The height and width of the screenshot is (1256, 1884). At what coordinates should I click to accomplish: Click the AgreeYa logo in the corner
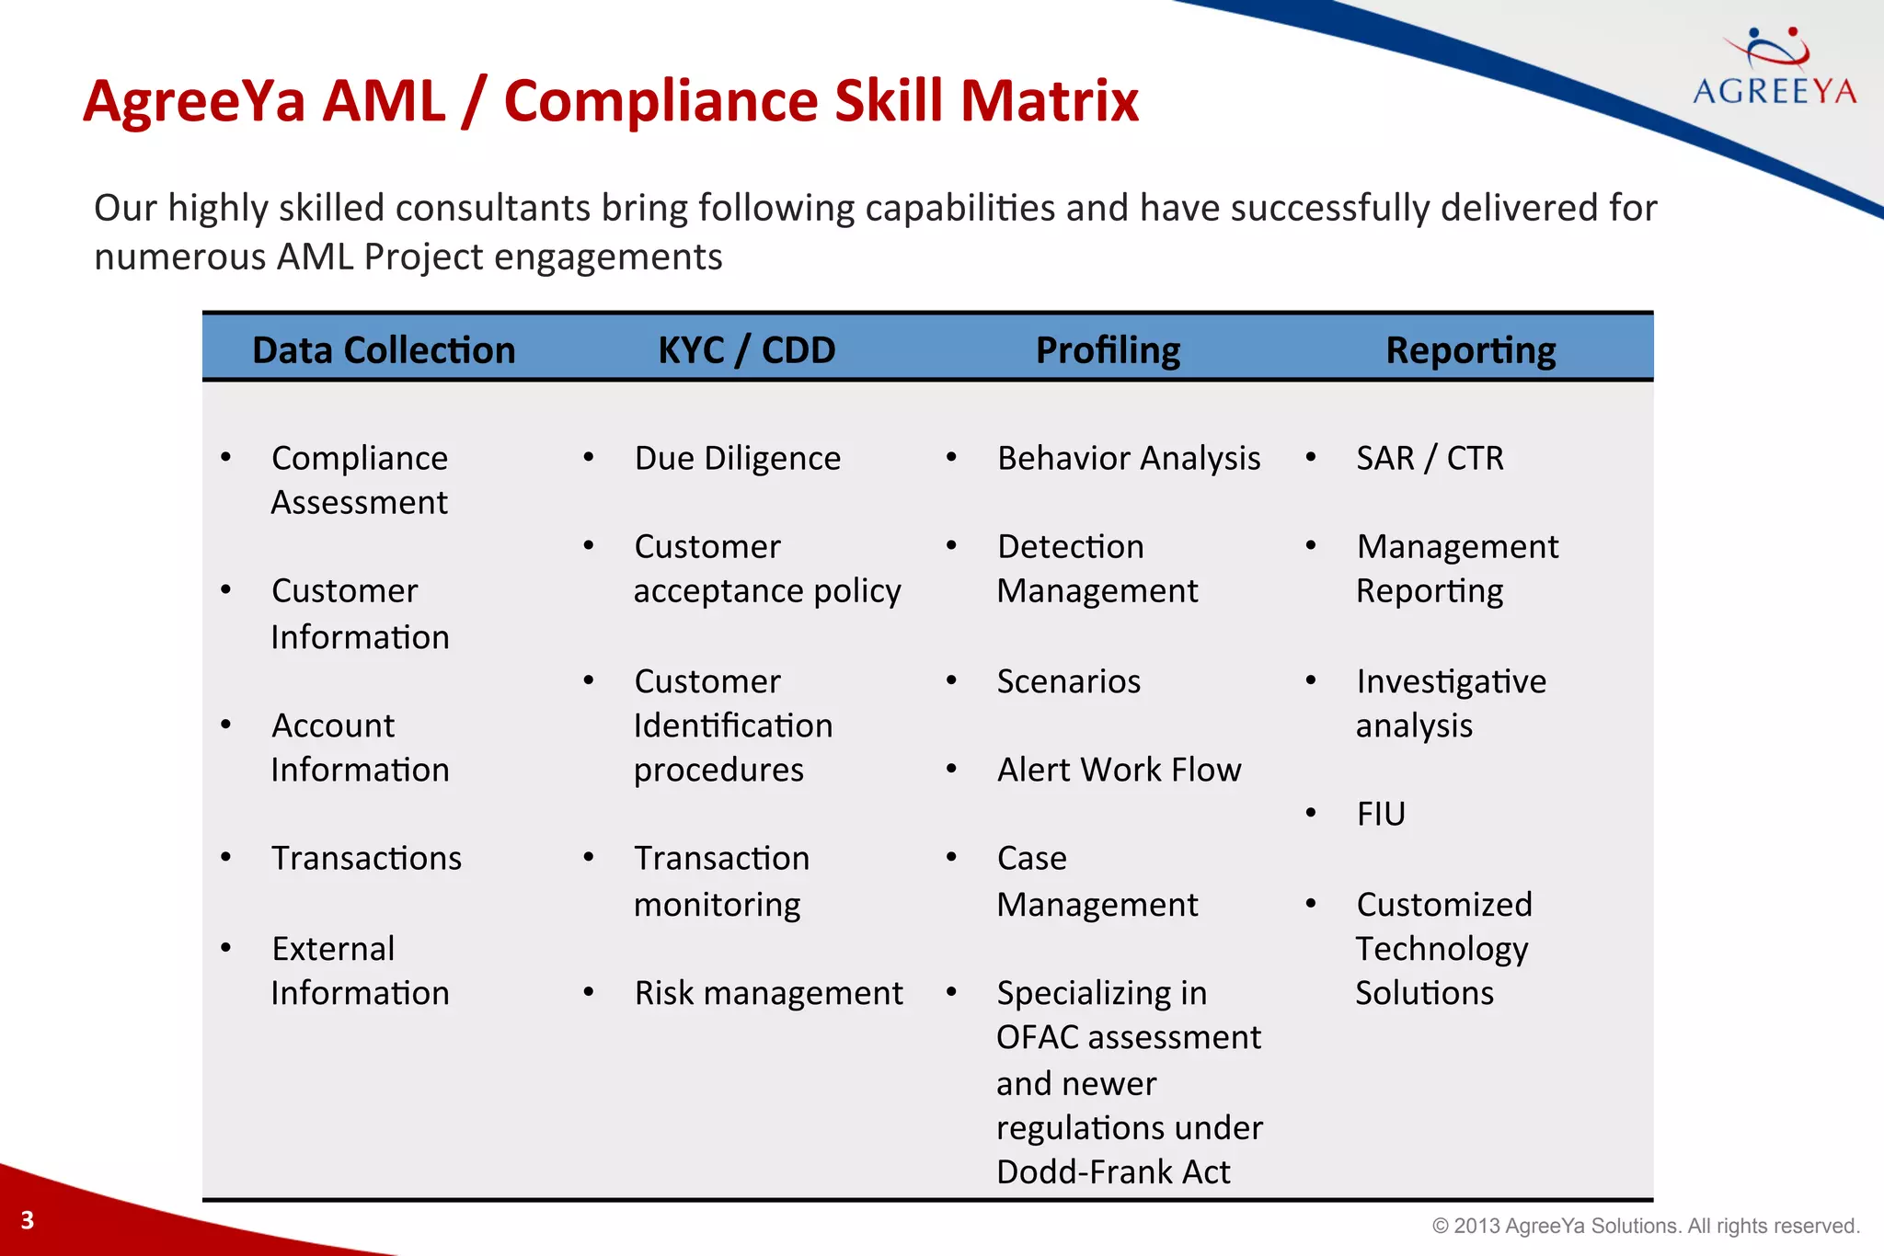(1775, 69)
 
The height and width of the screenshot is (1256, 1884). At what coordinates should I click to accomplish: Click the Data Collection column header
(384, 350)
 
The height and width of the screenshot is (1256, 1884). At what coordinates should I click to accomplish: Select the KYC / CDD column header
(746, 350)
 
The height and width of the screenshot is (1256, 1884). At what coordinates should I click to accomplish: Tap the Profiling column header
(1108, 350)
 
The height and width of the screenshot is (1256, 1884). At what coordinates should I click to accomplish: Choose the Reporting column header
(1470, 350)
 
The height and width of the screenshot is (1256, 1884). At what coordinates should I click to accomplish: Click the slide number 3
(28, 1220)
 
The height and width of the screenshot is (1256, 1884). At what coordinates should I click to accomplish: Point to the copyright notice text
(1646, 1226)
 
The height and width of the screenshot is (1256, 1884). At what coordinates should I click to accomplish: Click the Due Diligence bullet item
(737, 458)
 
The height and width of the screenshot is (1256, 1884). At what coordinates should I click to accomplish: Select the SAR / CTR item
(1430, 458)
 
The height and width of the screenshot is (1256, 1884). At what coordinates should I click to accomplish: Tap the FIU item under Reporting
(1381, 814)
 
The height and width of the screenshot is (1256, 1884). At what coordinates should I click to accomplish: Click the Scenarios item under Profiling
(1068, 681)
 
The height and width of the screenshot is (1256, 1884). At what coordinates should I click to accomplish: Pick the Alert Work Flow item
(1119, 770)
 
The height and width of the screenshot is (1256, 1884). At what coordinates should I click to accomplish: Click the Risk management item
(768, 993)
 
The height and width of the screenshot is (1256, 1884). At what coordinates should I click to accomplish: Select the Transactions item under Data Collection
(366, 858)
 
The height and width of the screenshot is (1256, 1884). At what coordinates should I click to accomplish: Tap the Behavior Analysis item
(1129, 458)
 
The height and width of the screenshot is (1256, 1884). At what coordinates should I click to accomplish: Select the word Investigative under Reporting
(1451, 681)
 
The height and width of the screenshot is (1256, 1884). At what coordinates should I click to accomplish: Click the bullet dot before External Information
(226, 948)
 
